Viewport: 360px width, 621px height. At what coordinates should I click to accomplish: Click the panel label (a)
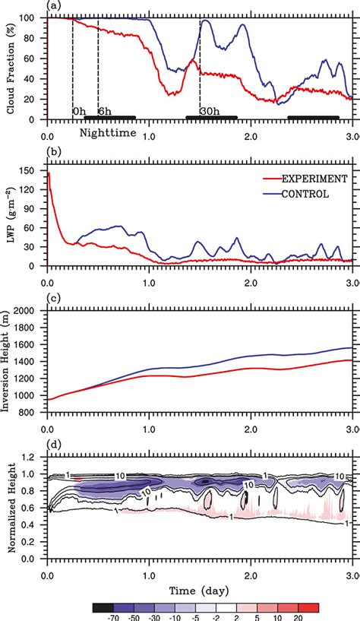click(53, 6)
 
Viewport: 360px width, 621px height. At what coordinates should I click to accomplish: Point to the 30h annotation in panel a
click(209, 111)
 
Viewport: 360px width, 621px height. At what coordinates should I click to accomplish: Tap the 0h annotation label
click(80, 111)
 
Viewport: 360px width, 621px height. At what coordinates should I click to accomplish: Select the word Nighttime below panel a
click(111, 132)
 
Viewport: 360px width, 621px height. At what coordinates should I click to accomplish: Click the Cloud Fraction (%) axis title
click(11, 68)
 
